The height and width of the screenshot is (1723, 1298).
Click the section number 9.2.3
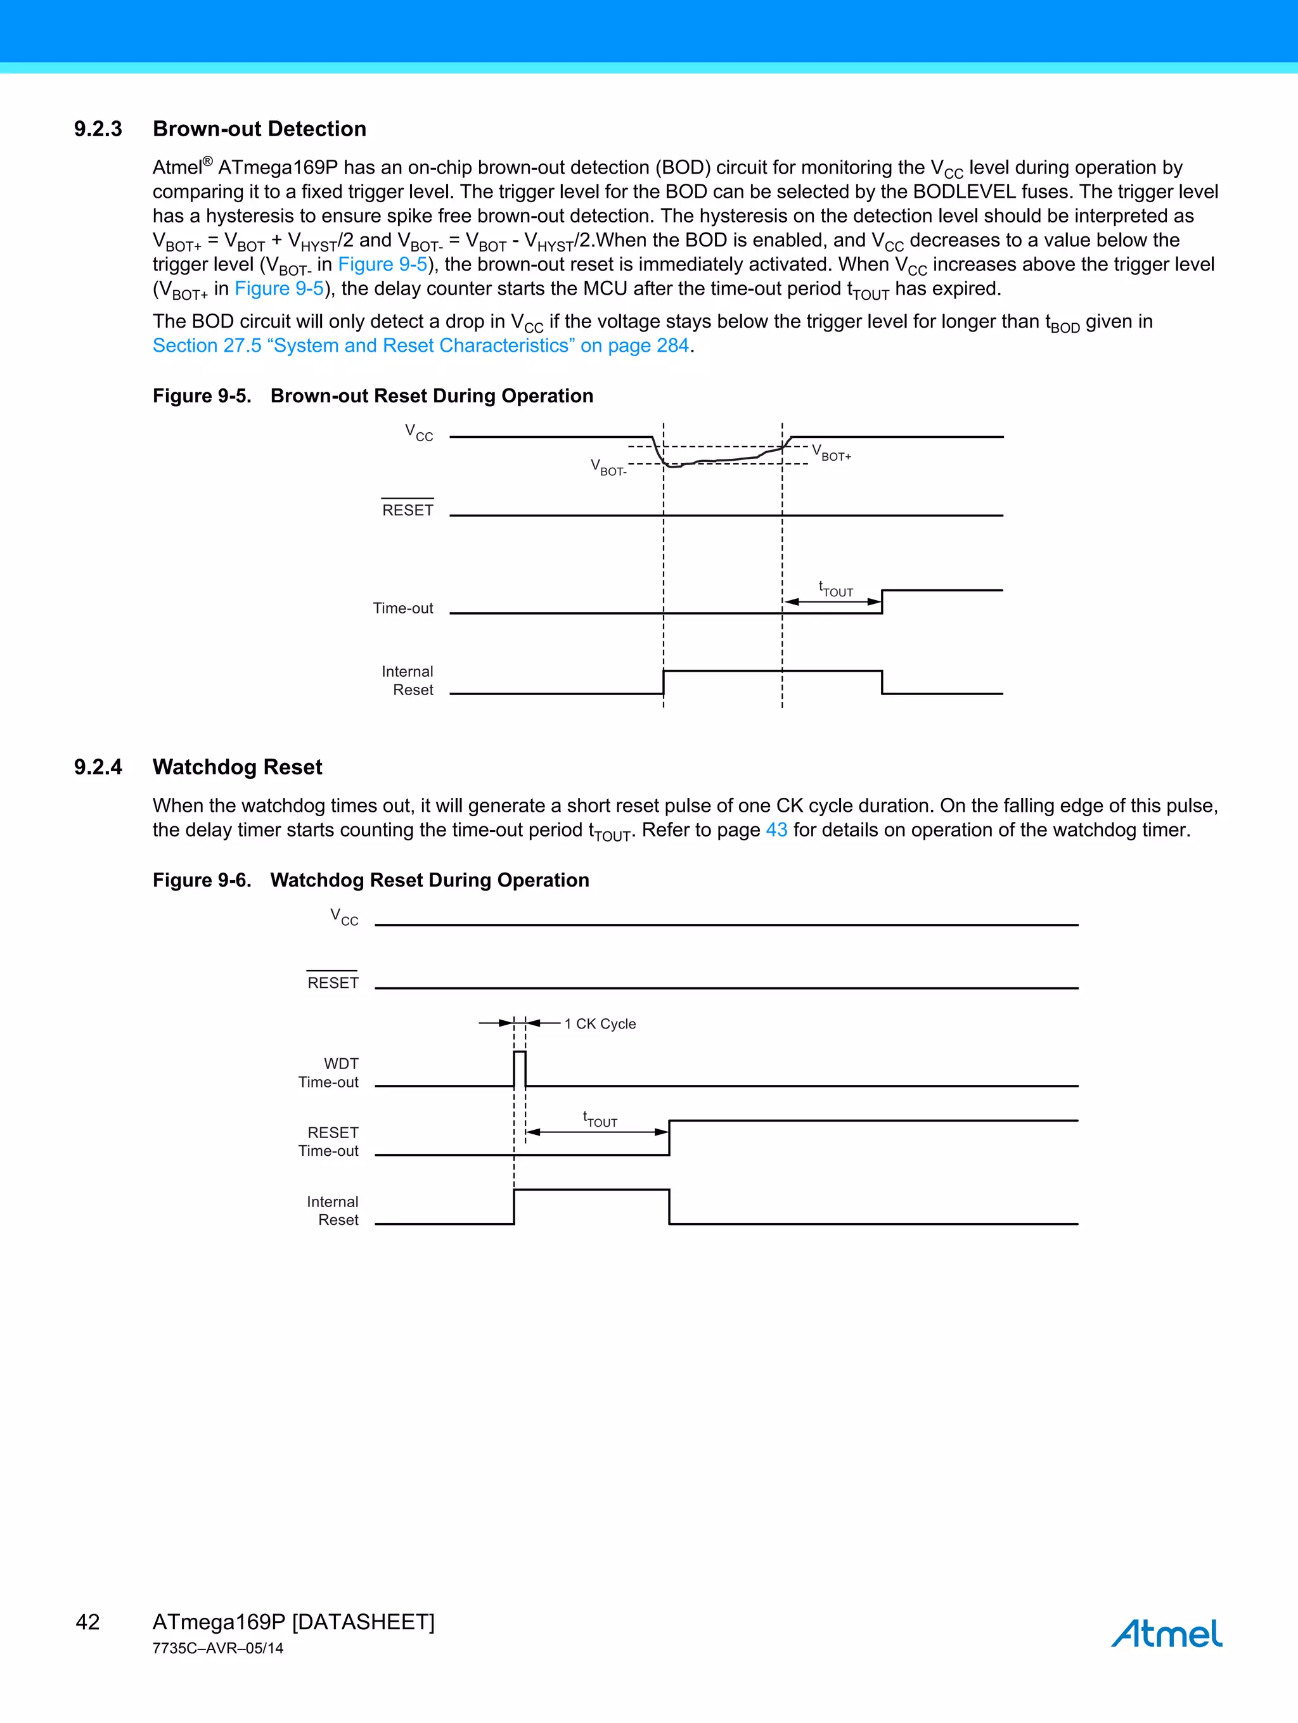point(98,129)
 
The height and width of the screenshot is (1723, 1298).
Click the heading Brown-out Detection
point(259,129)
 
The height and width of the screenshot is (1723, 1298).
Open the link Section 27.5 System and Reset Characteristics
point(421,346)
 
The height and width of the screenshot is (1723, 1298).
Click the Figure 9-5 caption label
point(202,397)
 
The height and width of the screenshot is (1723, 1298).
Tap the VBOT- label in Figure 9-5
point(608,468)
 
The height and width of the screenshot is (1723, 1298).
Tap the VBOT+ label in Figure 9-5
point(832,452)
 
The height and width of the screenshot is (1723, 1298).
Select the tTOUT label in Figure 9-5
point(836,590)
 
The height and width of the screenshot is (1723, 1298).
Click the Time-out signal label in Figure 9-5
point(403,608)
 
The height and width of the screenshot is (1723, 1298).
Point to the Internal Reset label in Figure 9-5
point(408,681)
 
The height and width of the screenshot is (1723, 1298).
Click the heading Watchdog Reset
point(238,767)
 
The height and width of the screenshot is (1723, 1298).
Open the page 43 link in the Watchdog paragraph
point(776,830)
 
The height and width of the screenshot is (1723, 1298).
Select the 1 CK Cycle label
point(600,1024)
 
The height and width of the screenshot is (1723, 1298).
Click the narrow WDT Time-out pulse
point(520,1068)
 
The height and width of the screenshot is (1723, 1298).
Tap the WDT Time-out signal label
point(329,1073)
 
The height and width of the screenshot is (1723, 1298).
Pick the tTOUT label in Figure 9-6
point(600,1120)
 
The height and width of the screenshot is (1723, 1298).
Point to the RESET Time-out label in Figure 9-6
point(329,1142)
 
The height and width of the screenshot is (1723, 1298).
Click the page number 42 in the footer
point(88,1622)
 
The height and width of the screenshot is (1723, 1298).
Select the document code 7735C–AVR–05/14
point(218,1648)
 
